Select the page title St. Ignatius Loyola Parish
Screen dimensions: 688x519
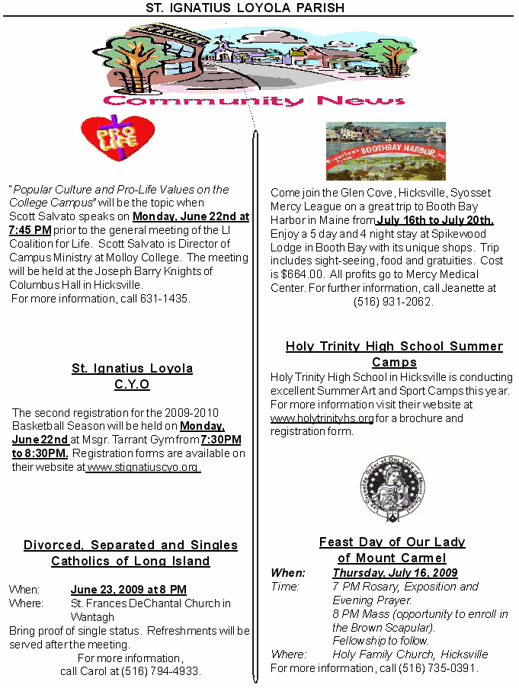[245, 8]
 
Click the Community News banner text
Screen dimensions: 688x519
[254, 101]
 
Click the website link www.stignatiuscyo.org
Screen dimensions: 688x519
[143, 467]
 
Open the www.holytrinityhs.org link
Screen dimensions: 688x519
[322, 418]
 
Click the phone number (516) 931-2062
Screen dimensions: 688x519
[393, 302]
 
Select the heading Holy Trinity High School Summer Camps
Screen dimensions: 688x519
[394, 354]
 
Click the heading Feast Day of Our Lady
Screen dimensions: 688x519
[392, 542]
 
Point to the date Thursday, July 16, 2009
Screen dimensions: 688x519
[395, 573]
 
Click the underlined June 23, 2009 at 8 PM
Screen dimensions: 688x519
[128, 590]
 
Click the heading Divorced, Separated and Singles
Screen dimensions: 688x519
[130, 545]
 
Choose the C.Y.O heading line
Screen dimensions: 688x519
[132, 385]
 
